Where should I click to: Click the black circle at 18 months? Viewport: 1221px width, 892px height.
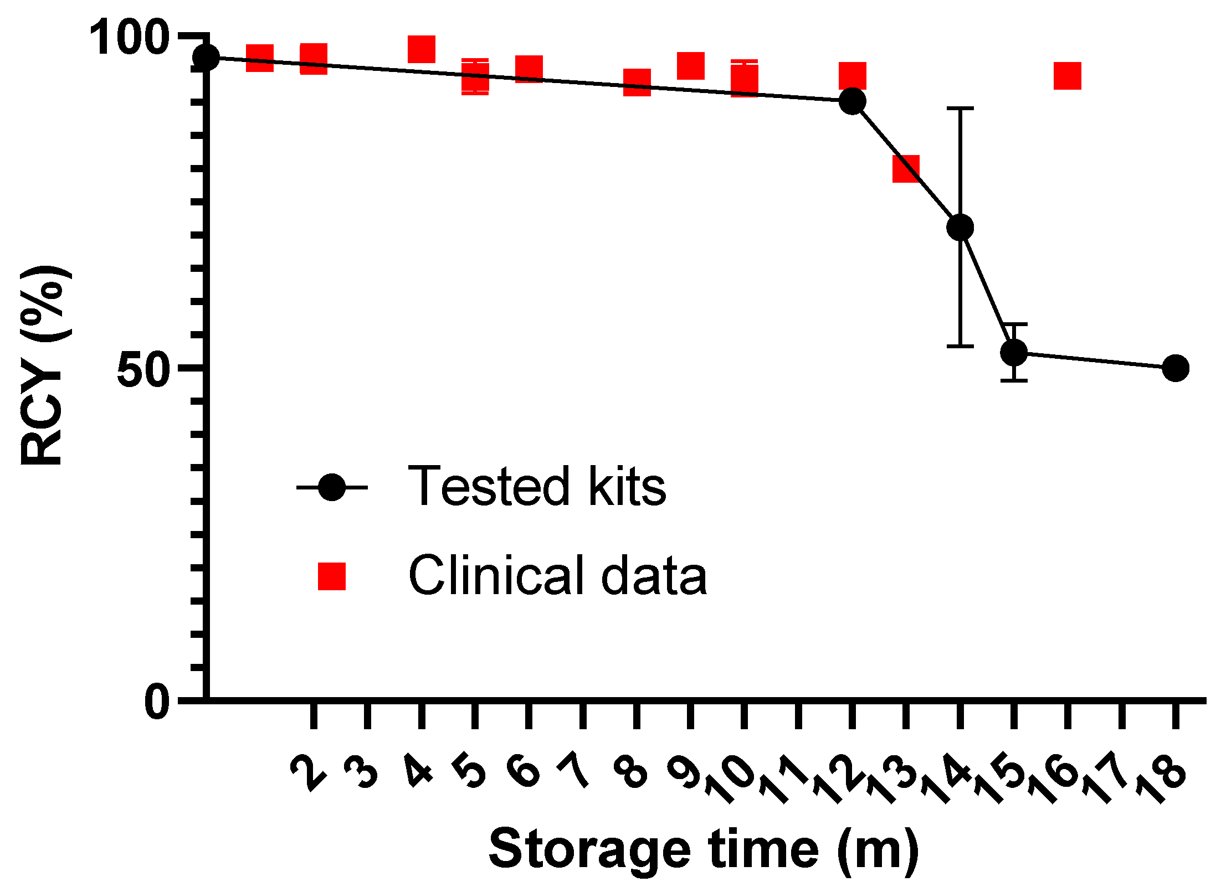(1175, 368)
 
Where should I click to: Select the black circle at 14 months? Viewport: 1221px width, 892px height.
(960, 227)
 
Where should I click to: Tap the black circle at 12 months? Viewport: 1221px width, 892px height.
(852, 101)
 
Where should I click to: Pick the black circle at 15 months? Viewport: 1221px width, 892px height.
(1014, 352)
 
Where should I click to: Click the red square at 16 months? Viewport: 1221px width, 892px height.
(1068, 76)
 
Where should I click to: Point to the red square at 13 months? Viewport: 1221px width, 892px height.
(906, 168)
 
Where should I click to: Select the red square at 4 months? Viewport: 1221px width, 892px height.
(421, 49)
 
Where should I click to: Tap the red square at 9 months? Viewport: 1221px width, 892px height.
(690, 66)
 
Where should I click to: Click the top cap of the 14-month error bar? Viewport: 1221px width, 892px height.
(960, 109)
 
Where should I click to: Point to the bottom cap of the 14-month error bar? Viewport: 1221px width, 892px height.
(960, 346)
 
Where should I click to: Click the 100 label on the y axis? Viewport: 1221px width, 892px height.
(129, 38)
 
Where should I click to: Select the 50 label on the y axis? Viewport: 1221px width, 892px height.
(142, 369)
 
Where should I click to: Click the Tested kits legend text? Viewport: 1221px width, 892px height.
(536, 487)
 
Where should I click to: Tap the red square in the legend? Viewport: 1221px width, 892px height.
(331, 576)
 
